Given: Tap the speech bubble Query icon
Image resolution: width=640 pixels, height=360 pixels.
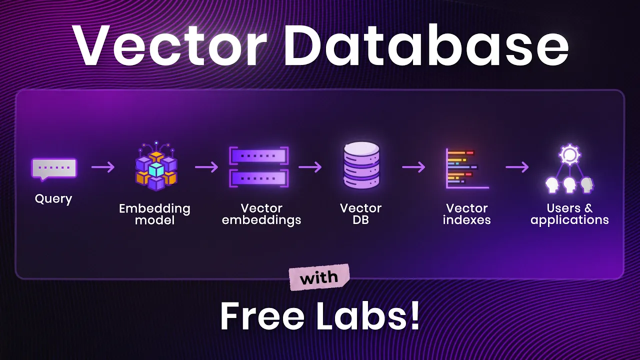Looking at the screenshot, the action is [54, 168].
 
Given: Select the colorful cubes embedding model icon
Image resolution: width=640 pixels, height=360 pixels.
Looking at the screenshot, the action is [156, 167].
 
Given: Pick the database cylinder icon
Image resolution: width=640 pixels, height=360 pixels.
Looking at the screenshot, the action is [361, 166].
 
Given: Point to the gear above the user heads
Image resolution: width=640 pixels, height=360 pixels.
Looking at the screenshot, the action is [569, 155].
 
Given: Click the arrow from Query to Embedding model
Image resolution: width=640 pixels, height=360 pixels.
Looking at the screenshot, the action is [103, 167].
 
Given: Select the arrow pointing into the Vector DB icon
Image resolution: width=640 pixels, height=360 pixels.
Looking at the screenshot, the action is [310, 167].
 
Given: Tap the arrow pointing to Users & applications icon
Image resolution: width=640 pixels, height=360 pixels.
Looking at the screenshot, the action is [517, 167].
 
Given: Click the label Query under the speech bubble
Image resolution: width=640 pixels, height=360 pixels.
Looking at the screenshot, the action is [53, 198].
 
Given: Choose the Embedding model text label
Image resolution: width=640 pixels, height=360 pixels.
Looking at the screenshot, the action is [154, 214].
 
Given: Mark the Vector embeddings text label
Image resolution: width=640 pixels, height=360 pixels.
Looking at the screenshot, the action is [261, 214].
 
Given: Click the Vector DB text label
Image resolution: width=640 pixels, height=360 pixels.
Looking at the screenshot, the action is [361, 214].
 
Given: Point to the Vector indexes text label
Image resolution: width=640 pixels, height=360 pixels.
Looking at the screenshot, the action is [467, 214].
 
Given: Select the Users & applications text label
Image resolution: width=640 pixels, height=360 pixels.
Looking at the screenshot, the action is [569, 214].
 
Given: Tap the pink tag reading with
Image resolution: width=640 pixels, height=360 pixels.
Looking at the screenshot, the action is [319, 277].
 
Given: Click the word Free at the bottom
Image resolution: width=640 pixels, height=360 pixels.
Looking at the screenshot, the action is [262, 316].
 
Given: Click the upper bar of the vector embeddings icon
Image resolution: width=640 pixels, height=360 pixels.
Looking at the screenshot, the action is [258, 156].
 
